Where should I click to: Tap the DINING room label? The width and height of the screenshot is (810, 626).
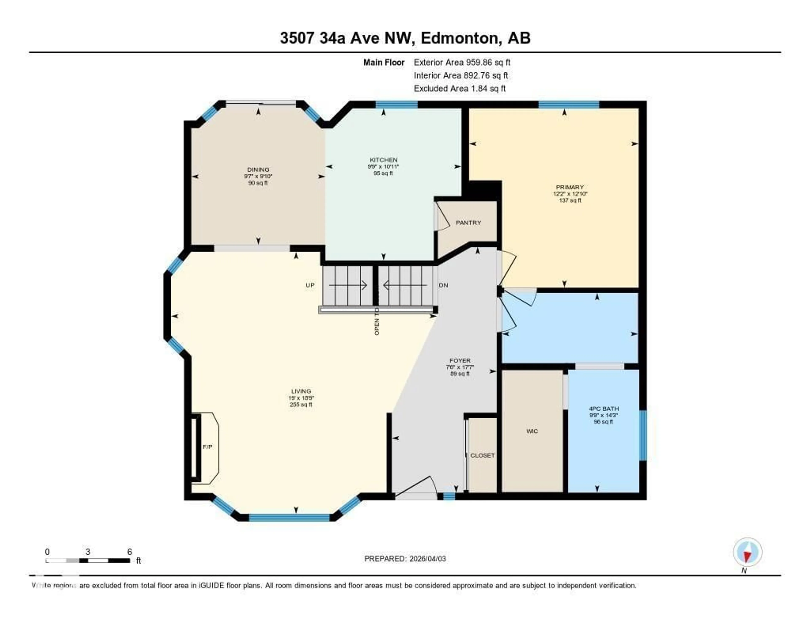(258, 169)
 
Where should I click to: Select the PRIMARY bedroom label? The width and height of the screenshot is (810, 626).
(570, 187)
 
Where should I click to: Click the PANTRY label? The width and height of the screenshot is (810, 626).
(468, 223)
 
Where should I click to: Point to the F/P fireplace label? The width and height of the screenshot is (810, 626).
(207, 447)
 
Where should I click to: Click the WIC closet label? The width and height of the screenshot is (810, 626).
(532, 431)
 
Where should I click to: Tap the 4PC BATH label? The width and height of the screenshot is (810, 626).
(603, 409)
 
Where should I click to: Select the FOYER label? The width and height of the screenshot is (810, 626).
(460, 360)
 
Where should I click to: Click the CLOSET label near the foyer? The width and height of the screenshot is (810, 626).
(482, 455)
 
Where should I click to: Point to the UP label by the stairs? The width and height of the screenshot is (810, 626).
(310, 285)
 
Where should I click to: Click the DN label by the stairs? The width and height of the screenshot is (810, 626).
(443, 285)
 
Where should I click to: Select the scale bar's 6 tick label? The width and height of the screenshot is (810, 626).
(130, 552)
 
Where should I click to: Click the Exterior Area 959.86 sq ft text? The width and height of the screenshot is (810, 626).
(462, 62)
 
